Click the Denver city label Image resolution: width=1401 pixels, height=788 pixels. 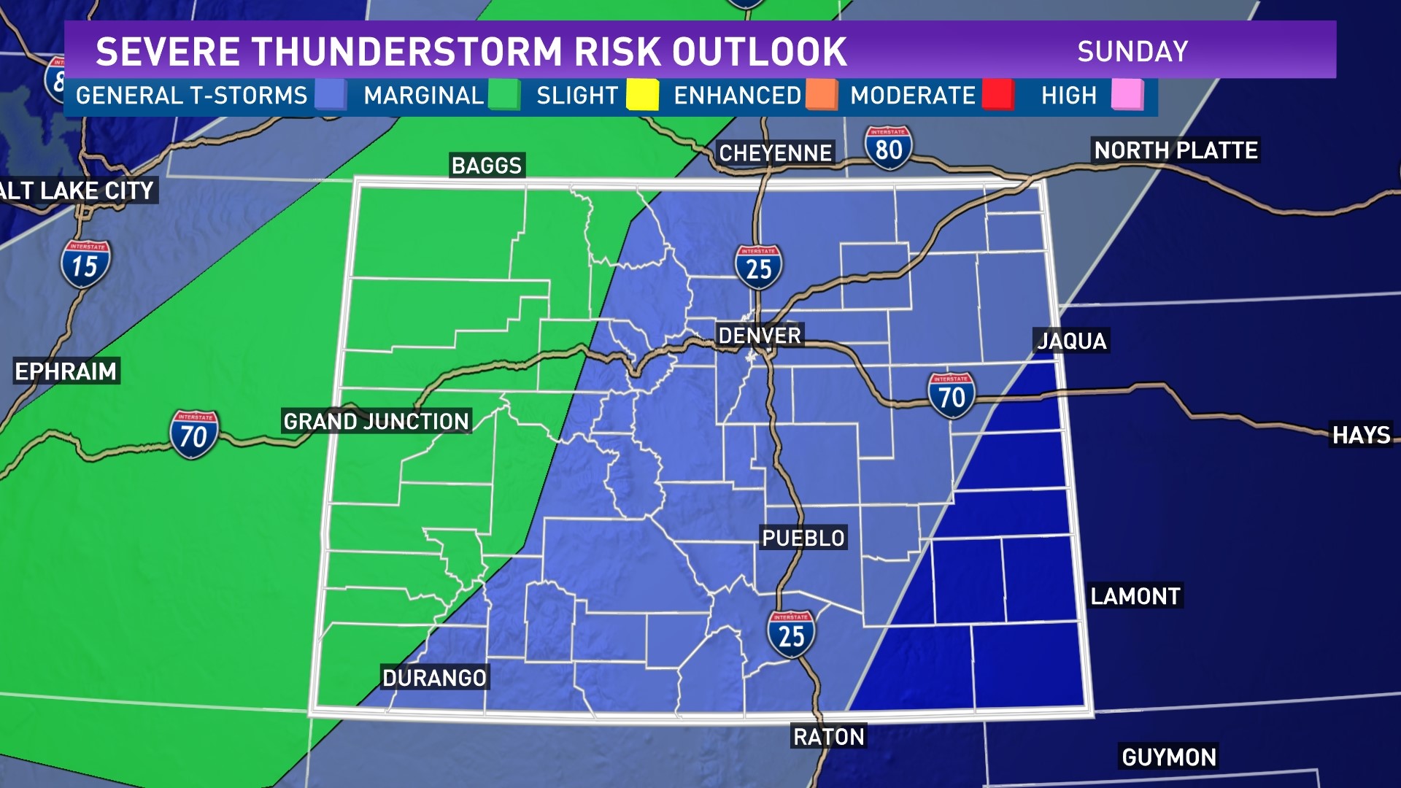pos(760,336)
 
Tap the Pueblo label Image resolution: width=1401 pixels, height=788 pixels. pos(803,538)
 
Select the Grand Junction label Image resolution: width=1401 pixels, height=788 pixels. pos(376,421)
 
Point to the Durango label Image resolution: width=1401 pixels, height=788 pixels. pos(434,678)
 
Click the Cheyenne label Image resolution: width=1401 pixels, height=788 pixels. pos(775,153)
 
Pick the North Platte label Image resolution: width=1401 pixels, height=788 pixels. pos(1176,150)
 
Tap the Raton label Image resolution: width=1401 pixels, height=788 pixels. pos(828,737)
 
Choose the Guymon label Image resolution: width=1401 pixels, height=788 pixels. pos(1169,757)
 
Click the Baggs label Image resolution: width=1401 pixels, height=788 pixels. pos(487,166)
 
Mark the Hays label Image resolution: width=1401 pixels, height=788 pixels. pos(1362,435)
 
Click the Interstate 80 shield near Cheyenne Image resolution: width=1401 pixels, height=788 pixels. pos(888,148)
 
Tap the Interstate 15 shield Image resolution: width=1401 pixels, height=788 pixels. pos(85,264)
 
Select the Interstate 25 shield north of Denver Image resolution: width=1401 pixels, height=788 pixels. pos(758,268)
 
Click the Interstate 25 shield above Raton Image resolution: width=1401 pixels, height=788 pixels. pos(791,635)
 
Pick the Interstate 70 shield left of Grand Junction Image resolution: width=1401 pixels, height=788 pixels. pos(194,435)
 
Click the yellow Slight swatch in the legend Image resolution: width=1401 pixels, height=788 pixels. pos(642,95)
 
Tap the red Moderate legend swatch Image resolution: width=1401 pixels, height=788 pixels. pos(997,95)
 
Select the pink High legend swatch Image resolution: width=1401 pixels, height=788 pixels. pos(1127,95)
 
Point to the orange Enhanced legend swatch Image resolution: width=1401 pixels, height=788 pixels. pos(822,95)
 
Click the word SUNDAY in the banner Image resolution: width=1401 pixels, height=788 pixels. pos(1132,52)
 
